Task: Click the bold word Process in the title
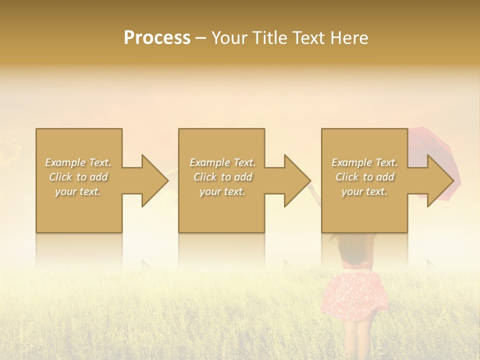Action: tap(157, 38)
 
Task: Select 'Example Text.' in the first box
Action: tap(78, 162)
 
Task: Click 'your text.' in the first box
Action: tap(78, 191)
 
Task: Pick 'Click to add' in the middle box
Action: tap(222, 177)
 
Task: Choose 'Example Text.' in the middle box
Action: tap(222, 162)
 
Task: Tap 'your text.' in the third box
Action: tap(364, 191)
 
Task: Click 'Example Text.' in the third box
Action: tap(364, 162)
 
